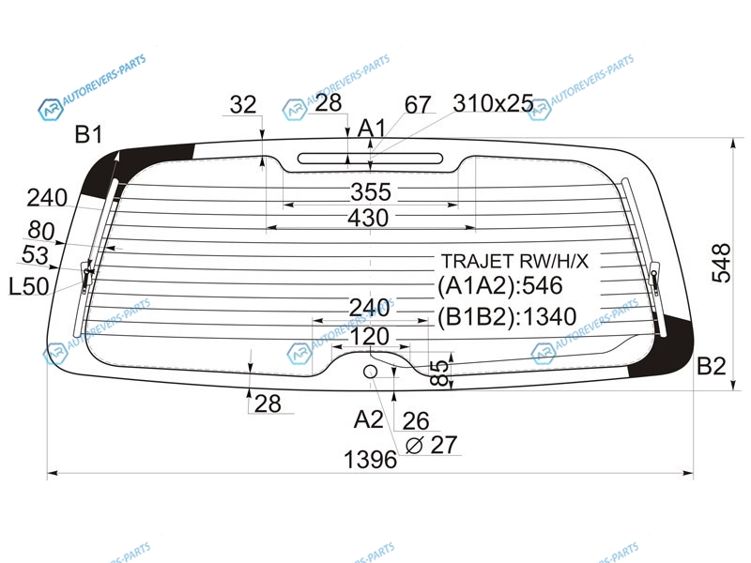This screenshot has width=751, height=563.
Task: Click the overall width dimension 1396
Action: pos(370,460)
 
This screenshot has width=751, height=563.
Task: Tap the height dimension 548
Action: pos(721,263)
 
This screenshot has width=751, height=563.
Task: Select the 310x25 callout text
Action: pos(494,103)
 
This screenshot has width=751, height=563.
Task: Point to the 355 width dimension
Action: pos(371,192)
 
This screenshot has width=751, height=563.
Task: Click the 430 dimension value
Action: pos(368,218)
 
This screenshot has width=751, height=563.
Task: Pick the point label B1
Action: pos(88,134)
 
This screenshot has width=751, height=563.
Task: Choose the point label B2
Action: pos(712,366)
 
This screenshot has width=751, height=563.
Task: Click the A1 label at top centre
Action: pos(372,129)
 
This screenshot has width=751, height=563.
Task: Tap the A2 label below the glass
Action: pos(368,419)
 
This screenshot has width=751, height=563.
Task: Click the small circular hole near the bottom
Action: pos(370,372)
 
